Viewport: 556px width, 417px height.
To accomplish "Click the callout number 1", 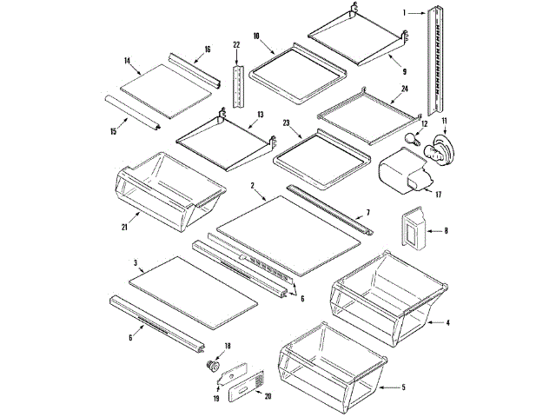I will point(405,12).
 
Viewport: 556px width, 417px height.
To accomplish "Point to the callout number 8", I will point(446,231).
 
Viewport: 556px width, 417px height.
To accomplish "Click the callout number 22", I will point(235,44).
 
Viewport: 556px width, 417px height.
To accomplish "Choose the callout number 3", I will point(136,261).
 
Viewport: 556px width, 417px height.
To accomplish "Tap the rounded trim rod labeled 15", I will point(130,113).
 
